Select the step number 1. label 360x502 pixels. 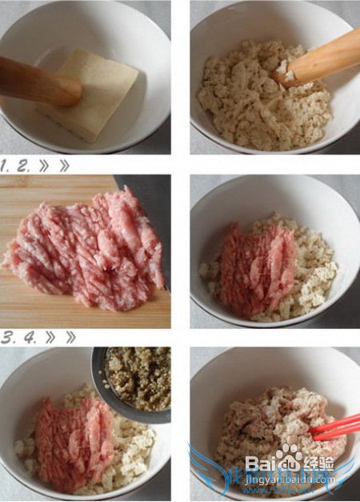6,166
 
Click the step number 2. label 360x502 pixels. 24,166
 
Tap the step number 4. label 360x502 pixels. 30,338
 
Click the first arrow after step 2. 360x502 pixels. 43,166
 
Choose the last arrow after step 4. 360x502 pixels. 70,337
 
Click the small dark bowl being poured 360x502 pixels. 132,384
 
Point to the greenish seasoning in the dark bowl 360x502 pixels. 139,378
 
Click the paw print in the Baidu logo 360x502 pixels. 289,458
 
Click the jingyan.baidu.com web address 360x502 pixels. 290,480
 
